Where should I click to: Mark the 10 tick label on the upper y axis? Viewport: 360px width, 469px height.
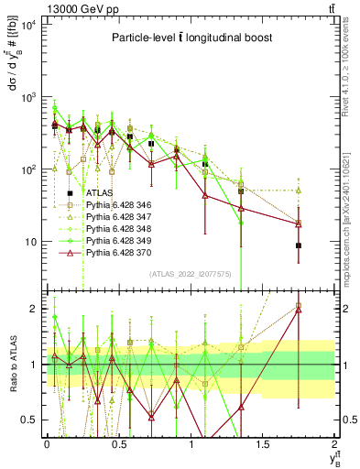30,242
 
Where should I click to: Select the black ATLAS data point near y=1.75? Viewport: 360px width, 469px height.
299,245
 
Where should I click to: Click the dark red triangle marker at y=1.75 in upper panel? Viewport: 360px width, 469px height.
299,224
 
